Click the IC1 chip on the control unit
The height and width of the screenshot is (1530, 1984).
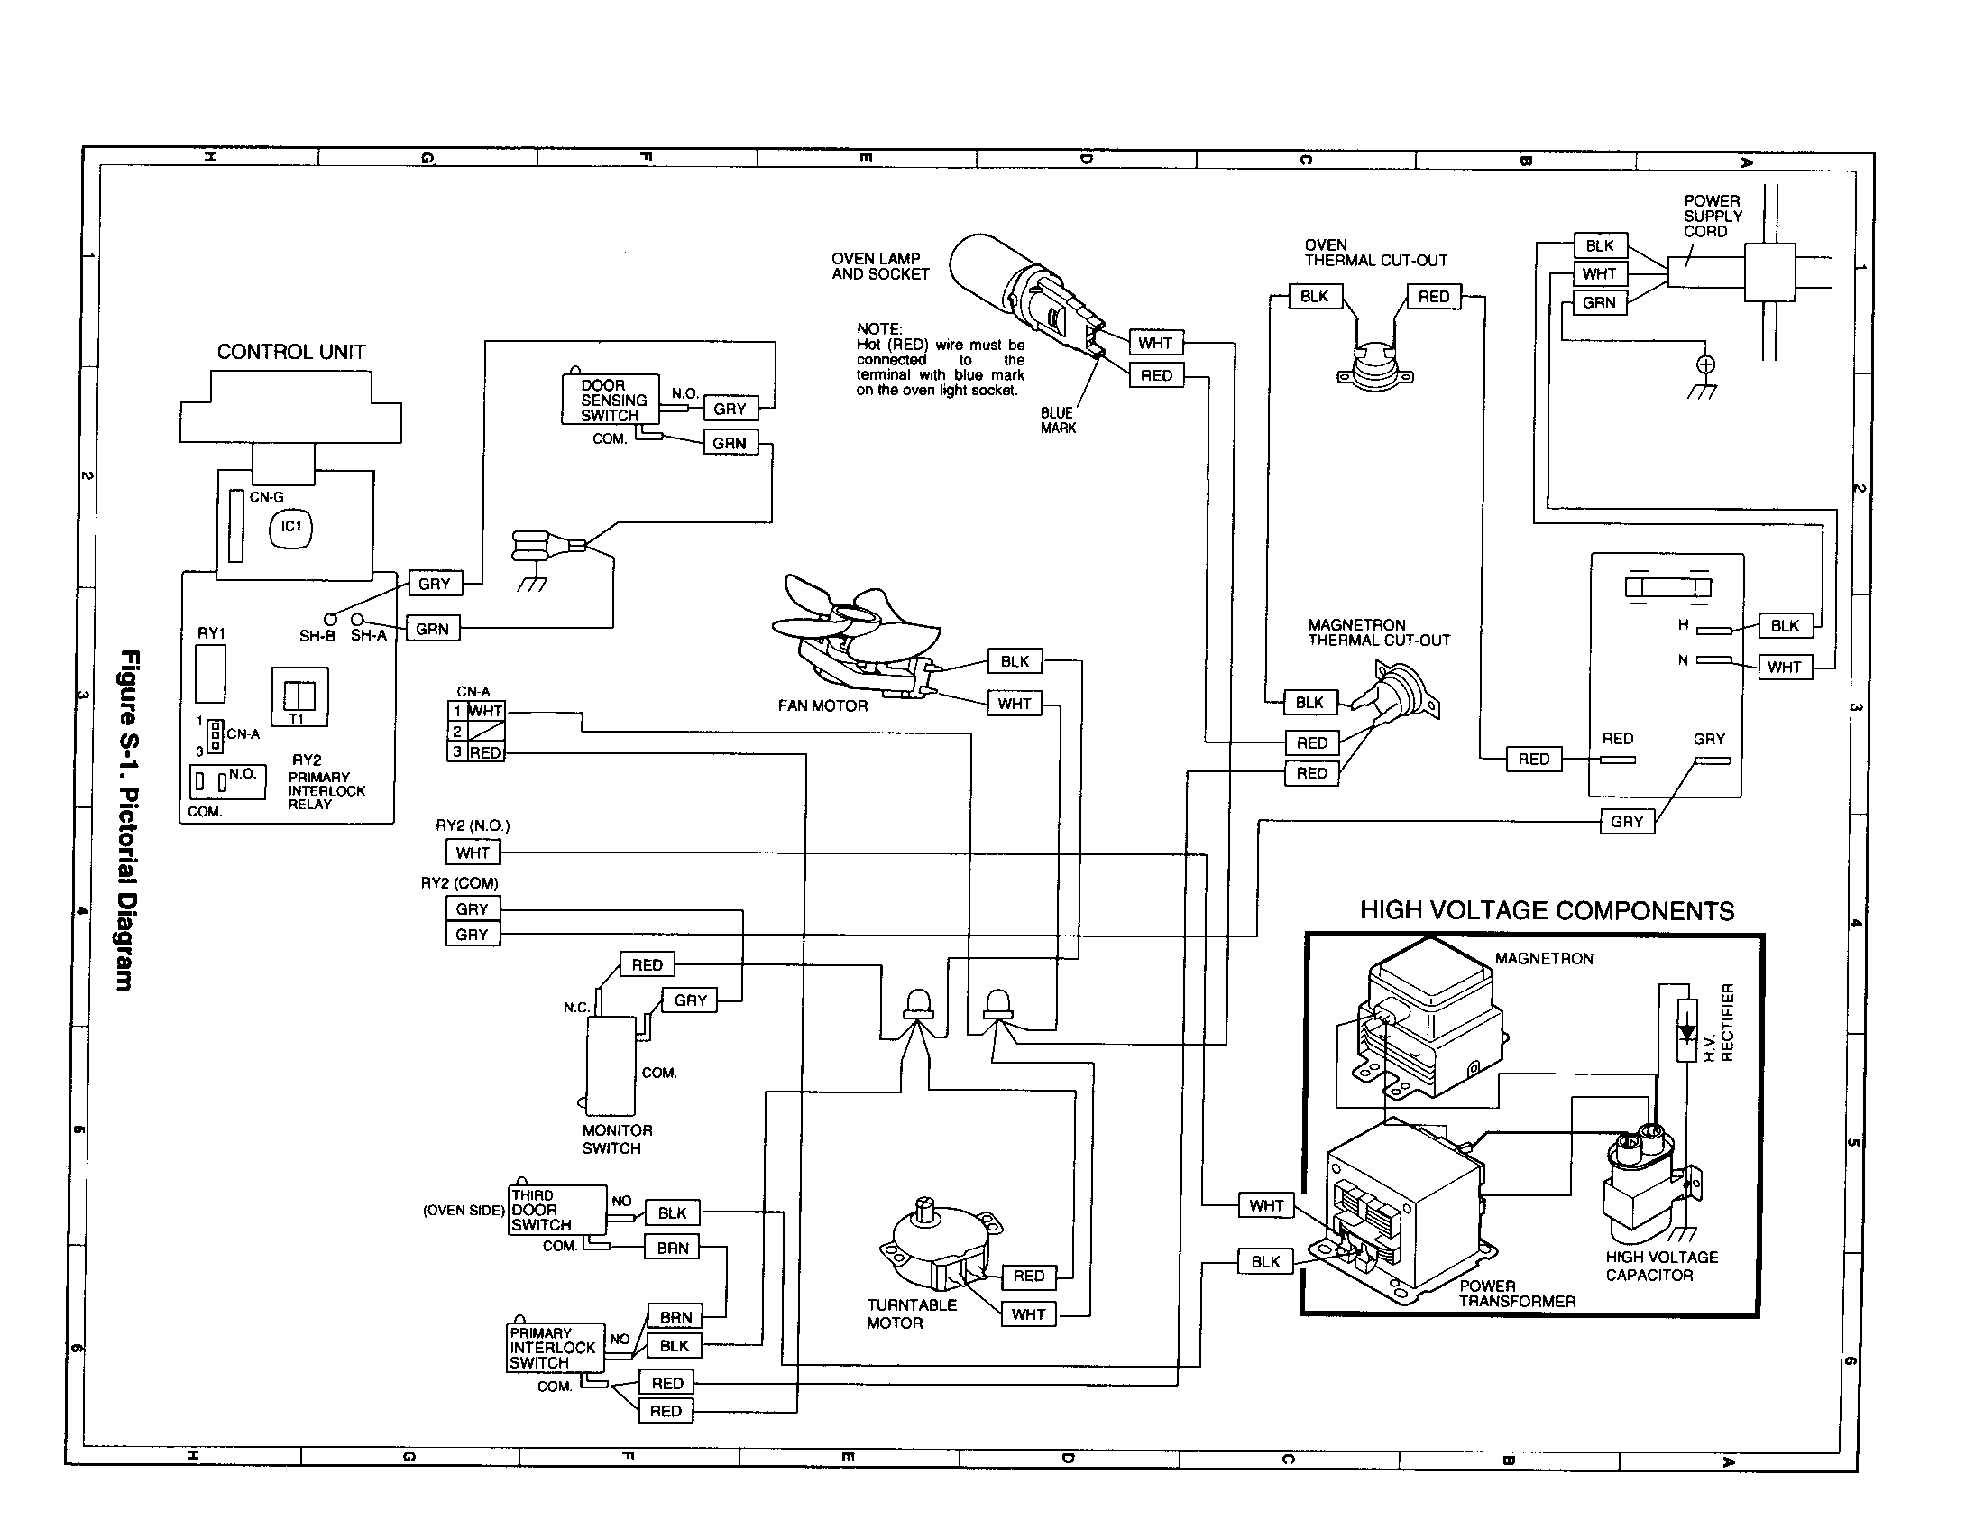(290, 528)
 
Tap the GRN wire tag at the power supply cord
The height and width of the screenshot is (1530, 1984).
(1599, 302)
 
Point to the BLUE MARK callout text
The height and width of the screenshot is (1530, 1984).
(1058, 420)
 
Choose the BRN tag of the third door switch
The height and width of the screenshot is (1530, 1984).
(672, 1248)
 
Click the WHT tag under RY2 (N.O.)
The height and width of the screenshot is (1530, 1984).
(473, 853)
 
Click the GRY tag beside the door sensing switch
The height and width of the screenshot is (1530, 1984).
(730, 409)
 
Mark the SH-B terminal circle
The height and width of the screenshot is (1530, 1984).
(331, 619)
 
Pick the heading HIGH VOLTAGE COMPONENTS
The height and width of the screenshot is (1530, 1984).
(1546, 911)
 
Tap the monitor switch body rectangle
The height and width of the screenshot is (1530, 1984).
(611, 1065)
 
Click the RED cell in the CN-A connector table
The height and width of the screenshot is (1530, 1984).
(485, 752)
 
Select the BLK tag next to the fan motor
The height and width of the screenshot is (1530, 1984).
(1014, 661)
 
